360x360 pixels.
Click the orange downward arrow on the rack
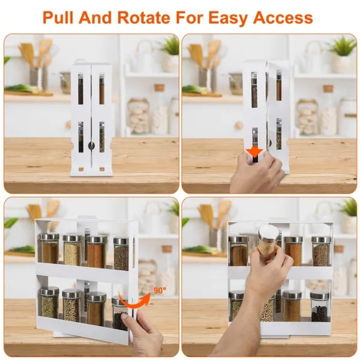tap(253, 152)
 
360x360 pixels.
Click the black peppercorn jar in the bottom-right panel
tap(319, 308)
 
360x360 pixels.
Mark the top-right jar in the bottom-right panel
tap(321, 251)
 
